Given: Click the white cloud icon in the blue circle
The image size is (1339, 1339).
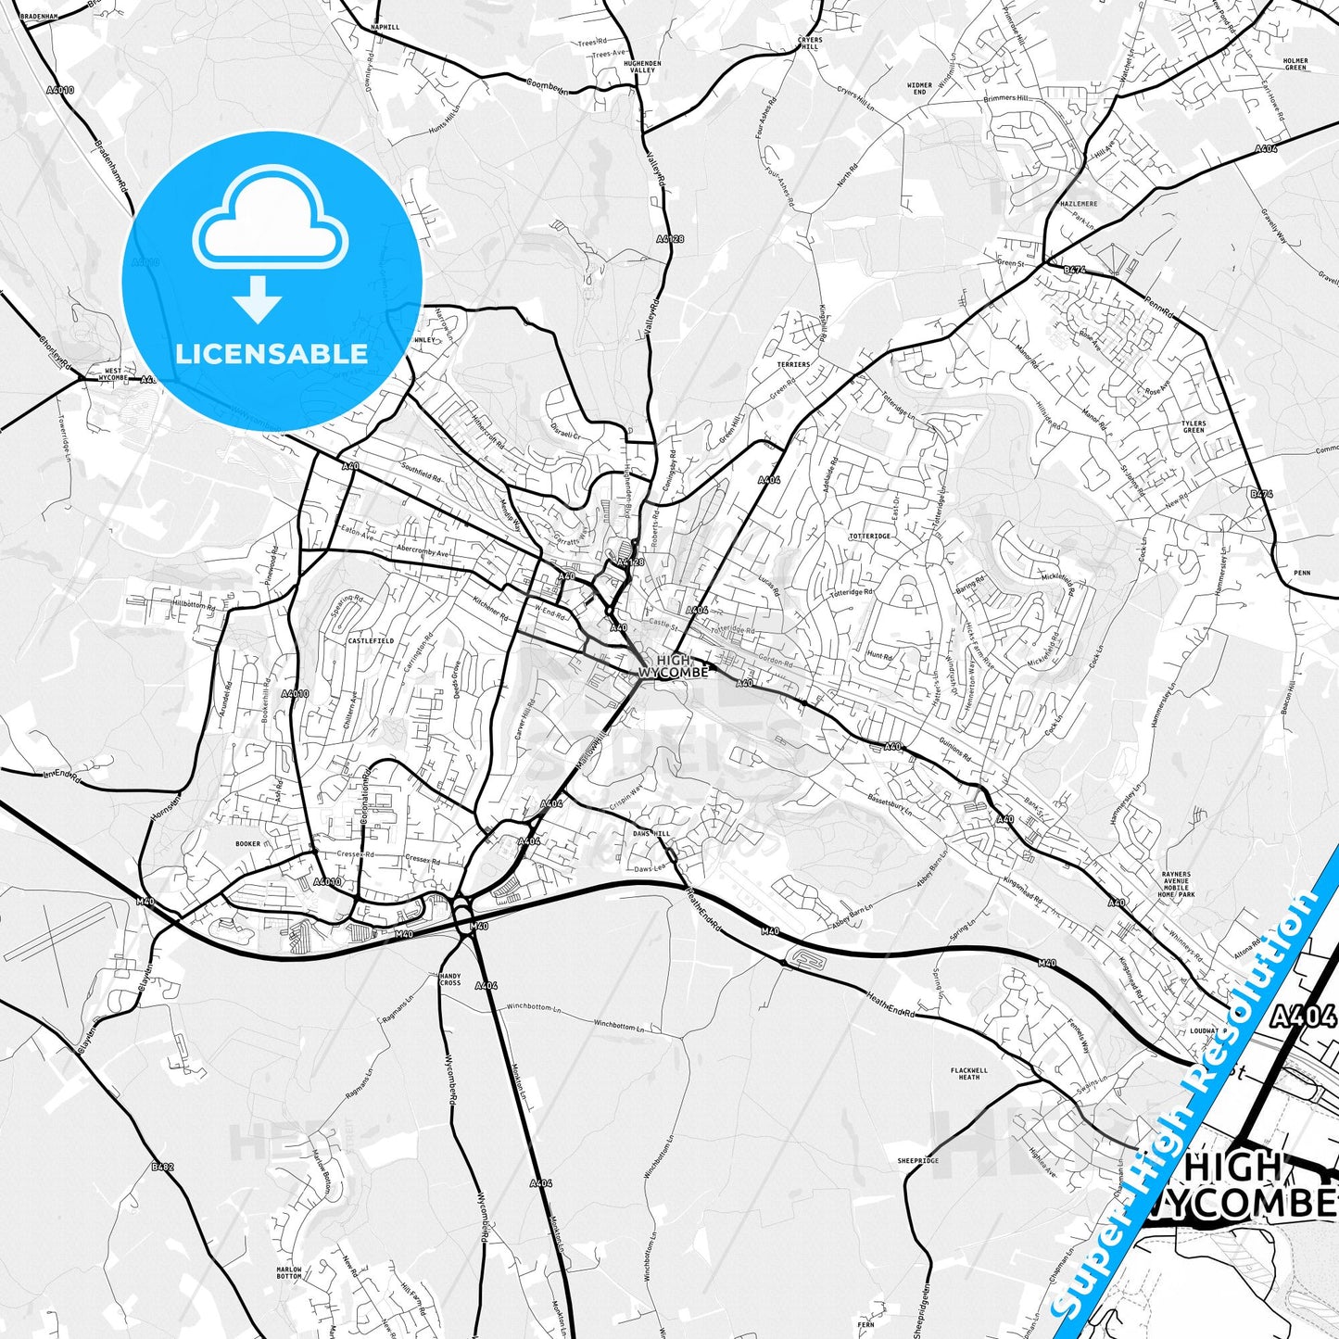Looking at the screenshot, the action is click(x=271, y=225).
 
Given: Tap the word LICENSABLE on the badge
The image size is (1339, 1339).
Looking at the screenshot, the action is click(x=272, y=353).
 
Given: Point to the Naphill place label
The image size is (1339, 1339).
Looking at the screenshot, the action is click(x=385, y=28).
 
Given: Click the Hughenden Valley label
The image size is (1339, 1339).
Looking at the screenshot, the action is click(x=642, y=67).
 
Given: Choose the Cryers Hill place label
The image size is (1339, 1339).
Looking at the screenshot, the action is click(x=810, y=44).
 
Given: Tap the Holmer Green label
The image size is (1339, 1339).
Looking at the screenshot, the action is click(x=1295, y=64).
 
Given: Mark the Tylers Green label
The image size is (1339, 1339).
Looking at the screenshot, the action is click(x=1194, y=426).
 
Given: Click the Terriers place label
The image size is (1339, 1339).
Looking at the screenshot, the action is click(x=793, y=364).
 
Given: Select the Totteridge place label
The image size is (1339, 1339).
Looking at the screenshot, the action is click(x=869, y=537).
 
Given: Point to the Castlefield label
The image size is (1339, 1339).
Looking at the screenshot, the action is click(x=371, y=640).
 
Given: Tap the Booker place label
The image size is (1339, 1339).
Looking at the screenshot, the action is click(x=247, y=844).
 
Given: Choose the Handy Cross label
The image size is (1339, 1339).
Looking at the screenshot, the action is click(x=450, y=979).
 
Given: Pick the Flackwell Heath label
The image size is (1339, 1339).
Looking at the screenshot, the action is click(x=969, y=1074).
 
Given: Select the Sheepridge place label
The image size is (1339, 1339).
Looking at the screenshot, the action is click(x=918, y=1160).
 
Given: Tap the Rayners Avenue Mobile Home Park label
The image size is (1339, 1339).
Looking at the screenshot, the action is click(x=1177, y=885).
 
